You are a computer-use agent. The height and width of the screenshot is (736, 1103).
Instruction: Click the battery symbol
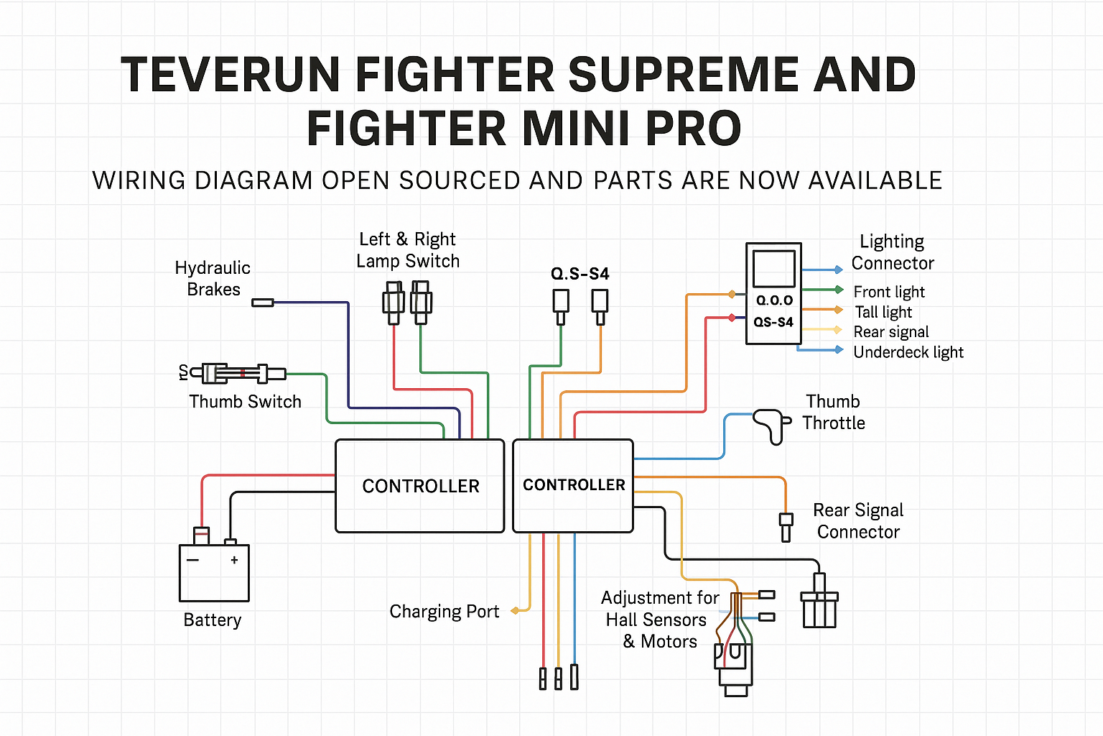214,572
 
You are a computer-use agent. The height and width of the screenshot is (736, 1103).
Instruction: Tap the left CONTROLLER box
420,486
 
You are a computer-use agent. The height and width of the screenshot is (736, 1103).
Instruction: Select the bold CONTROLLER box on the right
573,485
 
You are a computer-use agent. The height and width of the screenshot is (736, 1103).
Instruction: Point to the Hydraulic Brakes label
213,278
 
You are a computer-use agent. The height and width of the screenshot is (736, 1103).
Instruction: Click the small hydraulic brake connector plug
263,303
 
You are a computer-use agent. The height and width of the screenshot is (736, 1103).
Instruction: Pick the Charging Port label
444,612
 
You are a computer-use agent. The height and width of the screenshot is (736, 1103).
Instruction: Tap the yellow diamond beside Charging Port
515,611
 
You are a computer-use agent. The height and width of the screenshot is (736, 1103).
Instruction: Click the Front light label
889,292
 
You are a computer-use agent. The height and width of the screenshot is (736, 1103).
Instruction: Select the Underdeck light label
908,352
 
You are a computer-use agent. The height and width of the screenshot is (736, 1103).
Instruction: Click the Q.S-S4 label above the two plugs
580,274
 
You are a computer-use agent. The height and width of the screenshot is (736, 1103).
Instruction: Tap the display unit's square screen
774,268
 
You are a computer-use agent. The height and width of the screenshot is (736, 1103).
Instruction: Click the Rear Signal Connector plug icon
786,526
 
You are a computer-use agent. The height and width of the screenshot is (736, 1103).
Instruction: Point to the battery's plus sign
234,559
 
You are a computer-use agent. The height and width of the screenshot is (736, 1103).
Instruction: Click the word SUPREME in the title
684,75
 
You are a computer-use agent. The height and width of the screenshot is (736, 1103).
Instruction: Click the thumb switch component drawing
237,373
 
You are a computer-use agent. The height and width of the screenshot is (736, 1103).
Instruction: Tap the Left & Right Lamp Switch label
408,250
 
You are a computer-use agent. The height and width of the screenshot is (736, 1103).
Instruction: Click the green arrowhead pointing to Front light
838,290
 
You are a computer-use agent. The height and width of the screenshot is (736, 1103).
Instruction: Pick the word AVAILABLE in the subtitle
875,180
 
